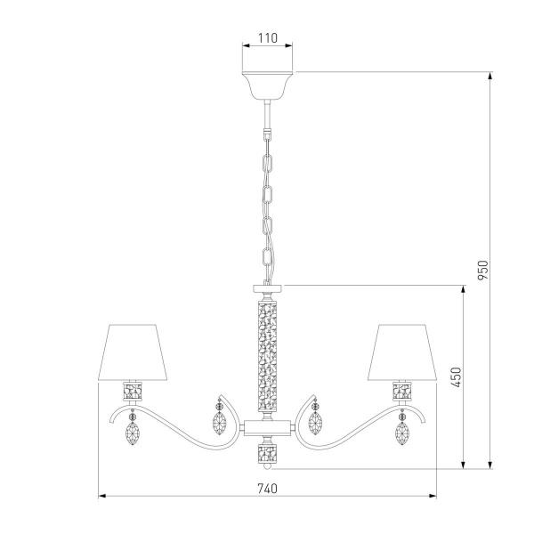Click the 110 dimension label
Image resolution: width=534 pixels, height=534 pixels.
tap(267, 37)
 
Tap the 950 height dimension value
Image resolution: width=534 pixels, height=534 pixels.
tap(482, 270)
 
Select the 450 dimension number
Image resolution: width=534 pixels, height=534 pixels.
tap(456, 377)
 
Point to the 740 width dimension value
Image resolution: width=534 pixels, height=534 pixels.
tap(267, 489)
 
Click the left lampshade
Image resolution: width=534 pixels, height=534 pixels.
tap(133, 352)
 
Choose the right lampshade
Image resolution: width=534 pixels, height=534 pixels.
tap(402, 352)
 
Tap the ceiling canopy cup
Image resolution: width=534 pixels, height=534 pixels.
tap(267, 85)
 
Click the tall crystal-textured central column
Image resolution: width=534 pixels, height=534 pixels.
tap(267, 354)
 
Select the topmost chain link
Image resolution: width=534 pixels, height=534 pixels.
tap(267, 164)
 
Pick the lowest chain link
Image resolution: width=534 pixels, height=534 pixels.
tap(267, 258)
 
